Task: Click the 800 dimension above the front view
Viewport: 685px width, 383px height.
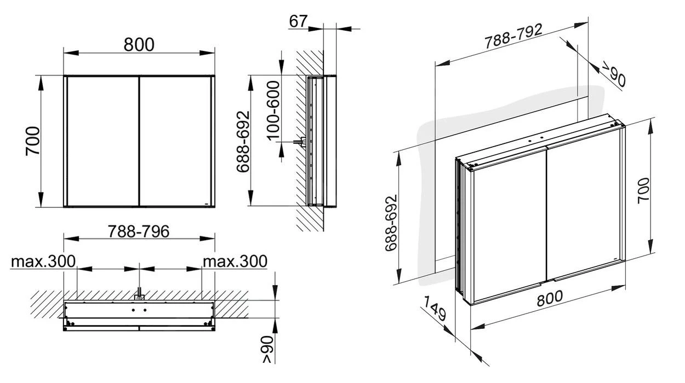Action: click(139, 44)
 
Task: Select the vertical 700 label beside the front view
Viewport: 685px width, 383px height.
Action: click(33, 141)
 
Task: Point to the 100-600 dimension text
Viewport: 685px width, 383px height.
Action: click(272, 109)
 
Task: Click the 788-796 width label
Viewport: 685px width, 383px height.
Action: click(138, 231)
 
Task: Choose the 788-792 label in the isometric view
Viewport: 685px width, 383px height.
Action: click(513, 36)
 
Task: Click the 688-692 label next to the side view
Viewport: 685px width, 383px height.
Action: click(243, 141)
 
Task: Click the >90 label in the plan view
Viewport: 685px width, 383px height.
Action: click(267, 350)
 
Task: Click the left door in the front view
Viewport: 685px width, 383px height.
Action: click(102, 141)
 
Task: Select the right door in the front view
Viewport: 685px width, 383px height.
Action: click(175, 141)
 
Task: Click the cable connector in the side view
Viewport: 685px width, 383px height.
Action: click(300, 142)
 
